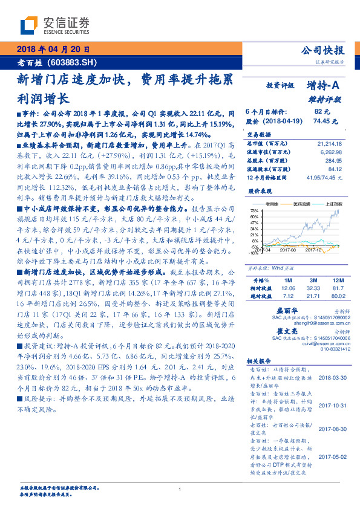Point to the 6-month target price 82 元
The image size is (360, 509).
point(322,112)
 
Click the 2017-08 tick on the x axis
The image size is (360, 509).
point(288,248)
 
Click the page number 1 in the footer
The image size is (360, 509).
point(180,489)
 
